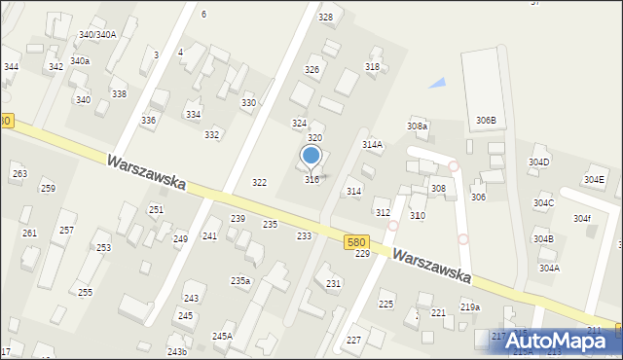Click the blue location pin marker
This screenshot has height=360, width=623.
pos(311,156)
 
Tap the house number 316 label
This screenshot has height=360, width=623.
pos(311,179)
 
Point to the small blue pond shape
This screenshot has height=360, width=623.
pos(438,84)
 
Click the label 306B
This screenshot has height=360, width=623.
pos(486,120)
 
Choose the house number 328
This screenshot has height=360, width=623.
pos(325,18)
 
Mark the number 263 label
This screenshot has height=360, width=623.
pos(18,173)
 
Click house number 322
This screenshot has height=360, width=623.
pos(259,183)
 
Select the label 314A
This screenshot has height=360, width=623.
pos(372,144)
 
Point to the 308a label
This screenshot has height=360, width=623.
pos(417,126)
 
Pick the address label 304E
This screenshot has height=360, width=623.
pos(594,180)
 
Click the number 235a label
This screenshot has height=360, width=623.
pos(240,280)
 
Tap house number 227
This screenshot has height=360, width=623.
pos(353,340)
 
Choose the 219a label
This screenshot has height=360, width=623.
pos(470,306)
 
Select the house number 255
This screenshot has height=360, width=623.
pos(85,292)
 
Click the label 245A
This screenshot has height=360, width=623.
pos(222,336)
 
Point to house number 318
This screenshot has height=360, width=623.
pos(372,66)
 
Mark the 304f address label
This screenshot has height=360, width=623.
pos(582,218)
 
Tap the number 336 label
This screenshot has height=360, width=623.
pos(148,120)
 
